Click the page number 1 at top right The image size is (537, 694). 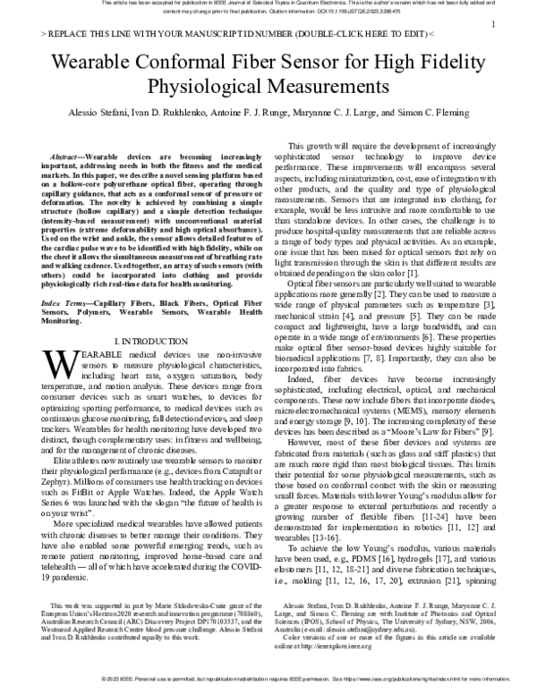click(x=494, y=26)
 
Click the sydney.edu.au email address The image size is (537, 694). click(x=401, y=628)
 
